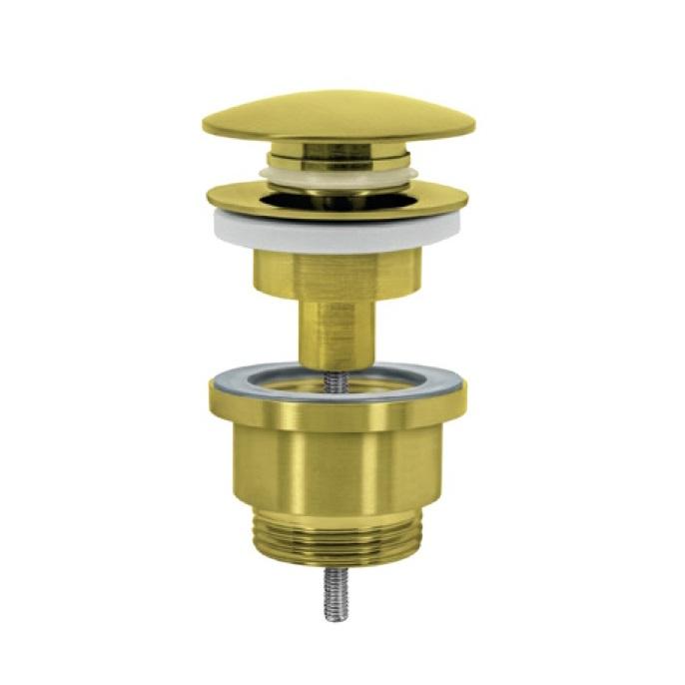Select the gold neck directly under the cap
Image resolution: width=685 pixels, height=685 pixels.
[x=338, y=156]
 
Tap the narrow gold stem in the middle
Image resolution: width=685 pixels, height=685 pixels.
[x=338, y=330]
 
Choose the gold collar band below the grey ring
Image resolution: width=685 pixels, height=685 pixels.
[x=338, y=414]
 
